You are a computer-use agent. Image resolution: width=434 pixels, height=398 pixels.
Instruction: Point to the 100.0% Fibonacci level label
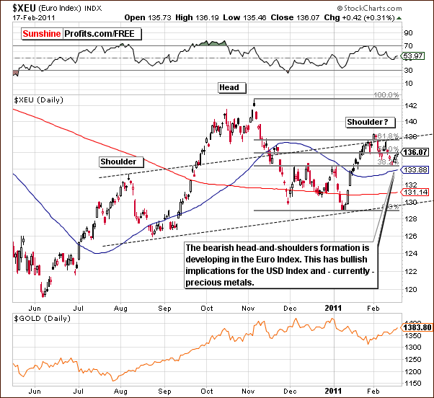pyautogui.click(x=386, y=94)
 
